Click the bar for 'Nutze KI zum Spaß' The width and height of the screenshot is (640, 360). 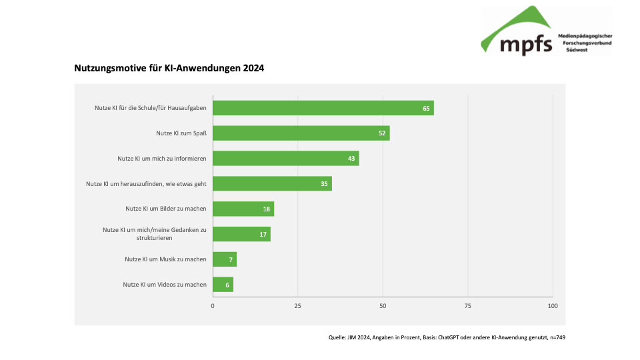pos(301,133)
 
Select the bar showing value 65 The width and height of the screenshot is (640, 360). pos(323,108)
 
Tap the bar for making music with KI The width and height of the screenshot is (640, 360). pos(225,259)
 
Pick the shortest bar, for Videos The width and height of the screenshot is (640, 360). pos(223,285)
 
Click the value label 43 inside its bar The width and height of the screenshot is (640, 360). pos(351,159)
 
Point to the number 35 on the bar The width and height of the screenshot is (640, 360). pos(324,184)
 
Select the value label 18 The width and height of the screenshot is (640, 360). pos(266,209)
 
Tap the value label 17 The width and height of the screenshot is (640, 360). pos(263,234)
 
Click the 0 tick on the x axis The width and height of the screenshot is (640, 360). pos(213,305)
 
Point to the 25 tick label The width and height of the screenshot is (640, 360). pos(298,305)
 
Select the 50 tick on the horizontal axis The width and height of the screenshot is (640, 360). pos(383,305)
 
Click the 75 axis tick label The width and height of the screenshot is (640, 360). pos(468,305)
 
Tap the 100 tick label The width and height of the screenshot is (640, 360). pos(552,305)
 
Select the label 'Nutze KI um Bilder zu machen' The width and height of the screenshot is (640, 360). pos(165,209)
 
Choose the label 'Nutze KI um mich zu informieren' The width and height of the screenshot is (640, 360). pos(162,159)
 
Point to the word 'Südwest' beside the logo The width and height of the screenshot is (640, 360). pos(577,50)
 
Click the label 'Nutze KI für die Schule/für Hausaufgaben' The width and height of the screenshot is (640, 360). pos(151,108)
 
